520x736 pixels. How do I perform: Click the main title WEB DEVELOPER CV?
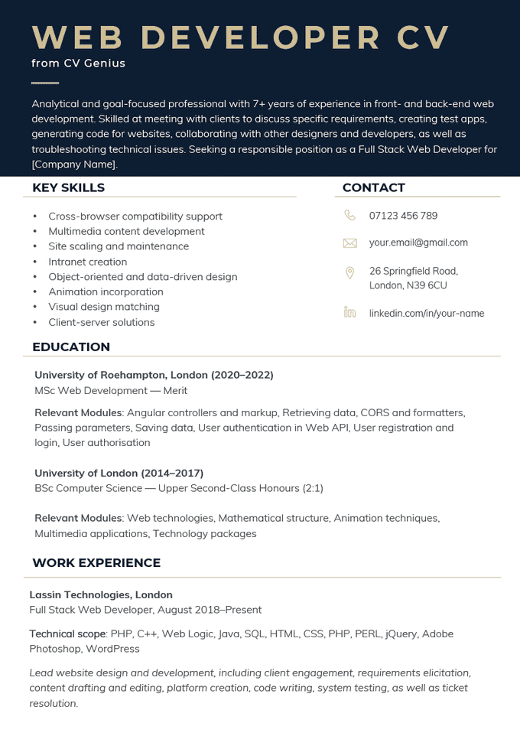pos(241,37)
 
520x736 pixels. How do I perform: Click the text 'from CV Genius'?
pos(78,64)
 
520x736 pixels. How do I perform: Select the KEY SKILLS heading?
pos(68,187)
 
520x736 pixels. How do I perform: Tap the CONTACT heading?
pos(373,187)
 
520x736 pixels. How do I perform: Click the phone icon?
pos(349,216)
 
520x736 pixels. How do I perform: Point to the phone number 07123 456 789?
pos(403,216)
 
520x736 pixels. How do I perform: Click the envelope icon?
pos(349,243)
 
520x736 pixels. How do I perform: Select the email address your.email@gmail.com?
pos(418,243)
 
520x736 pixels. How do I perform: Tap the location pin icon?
pos(349,272)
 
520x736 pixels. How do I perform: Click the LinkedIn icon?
pos(349,312)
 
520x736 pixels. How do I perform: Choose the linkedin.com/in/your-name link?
pos(426,313)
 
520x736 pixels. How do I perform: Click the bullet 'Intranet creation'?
pos(87,262)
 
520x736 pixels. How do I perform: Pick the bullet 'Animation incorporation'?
pos(106,291)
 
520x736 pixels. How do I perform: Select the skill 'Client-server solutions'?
pos(102,322)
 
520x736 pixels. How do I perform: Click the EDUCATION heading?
pos(70,347)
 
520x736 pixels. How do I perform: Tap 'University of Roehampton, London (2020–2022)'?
pos(154,375)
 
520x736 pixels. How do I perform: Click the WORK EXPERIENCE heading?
pos(96,563)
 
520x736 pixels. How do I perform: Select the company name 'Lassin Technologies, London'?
pos(101,594)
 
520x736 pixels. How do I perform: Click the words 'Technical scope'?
pos(67,633)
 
